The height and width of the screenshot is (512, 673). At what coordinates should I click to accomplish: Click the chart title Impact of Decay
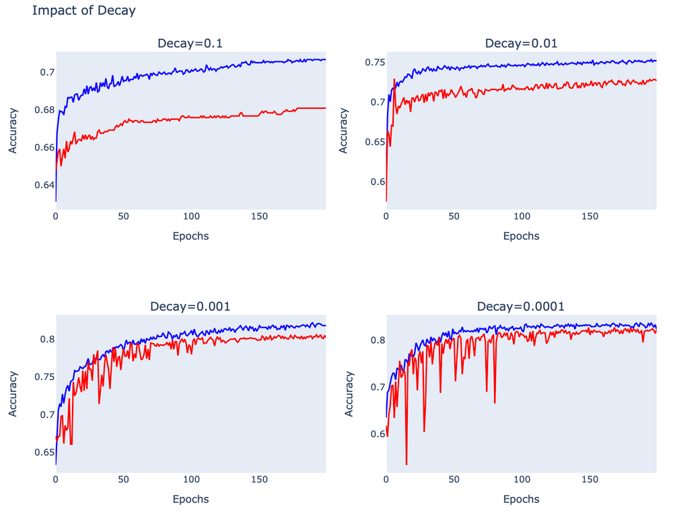[83, 11]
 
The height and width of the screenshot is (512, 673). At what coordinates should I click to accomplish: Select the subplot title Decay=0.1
[190, 44]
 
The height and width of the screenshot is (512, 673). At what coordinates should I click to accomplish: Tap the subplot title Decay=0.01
[521, 44]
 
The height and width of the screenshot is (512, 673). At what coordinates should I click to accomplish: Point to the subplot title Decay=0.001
[190, 307]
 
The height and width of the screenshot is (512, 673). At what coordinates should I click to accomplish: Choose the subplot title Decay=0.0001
[521, 307]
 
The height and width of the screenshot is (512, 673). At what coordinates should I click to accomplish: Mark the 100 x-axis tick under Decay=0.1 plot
[192, 217]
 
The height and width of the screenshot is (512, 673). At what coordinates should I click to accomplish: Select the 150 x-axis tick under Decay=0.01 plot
[590, 217]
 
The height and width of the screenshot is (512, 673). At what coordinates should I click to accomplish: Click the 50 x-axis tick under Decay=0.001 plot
[123, 480]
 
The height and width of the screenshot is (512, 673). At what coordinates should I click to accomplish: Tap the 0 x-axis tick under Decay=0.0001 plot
[386, 480]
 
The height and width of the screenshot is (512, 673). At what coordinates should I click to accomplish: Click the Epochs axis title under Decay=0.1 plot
[190, 236]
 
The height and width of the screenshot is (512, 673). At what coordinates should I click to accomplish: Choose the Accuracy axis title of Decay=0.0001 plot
[349, 394]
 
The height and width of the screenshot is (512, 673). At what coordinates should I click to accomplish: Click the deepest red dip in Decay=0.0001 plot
[406, 464]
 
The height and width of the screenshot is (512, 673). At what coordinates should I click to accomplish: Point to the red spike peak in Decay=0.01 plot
[394, 80]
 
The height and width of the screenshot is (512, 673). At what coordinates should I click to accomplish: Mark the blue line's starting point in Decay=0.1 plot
[56, 200]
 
